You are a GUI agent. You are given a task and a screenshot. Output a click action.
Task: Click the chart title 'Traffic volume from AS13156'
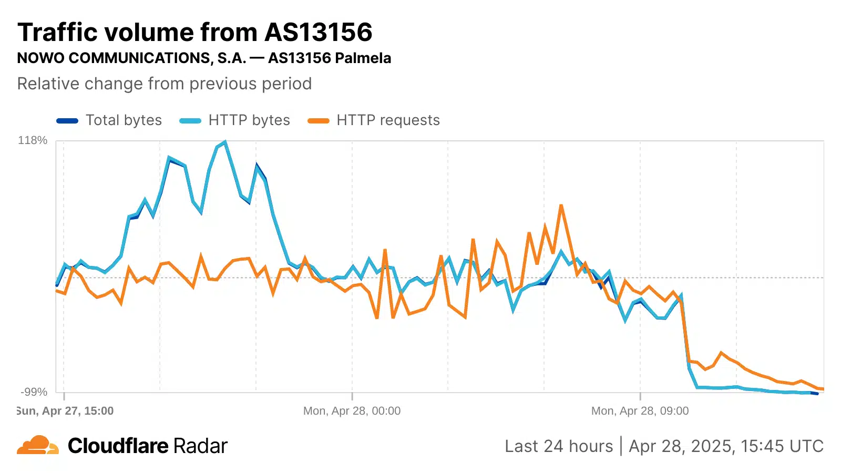(195, 33)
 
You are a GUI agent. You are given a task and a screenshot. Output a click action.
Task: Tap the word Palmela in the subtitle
(363, 58)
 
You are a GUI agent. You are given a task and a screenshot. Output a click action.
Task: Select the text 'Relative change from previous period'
(165, 84)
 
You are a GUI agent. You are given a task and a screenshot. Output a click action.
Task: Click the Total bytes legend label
(124, 120)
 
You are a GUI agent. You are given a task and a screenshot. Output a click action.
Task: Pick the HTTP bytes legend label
(249, 120)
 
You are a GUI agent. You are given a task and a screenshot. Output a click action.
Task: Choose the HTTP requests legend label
(388, 120)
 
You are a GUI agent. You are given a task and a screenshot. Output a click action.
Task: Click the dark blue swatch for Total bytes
(67, 121)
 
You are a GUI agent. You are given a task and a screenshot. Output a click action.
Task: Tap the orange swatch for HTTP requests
(319, 121)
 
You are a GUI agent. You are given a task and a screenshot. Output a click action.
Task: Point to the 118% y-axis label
(33, 140)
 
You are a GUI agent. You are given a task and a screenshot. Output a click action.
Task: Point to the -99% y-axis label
(34, 392)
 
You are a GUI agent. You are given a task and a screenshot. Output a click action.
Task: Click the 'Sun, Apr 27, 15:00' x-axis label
(66, 411)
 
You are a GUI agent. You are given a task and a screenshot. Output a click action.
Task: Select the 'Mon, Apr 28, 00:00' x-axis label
(352, 411)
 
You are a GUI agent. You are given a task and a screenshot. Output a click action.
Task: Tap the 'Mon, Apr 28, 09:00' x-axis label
(640, 411)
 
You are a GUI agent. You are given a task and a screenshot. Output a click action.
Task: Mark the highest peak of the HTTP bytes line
(225, 142)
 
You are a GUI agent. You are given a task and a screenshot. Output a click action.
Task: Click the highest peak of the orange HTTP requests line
(561, 205)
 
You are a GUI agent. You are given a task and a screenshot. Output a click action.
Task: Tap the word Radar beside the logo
(200, 446)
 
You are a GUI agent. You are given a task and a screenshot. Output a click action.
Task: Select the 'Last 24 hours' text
(559, 446)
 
